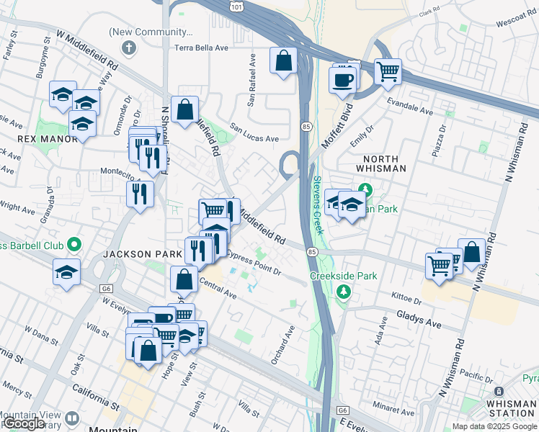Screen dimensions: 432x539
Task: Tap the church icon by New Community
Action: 129,48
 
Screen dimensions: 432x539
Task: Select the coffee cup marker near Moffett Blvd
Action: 342,78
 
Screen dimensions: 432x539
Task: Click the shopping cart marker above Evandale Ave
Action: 388,72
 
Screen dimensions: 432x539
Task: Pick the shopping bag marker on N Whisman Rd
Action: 471,253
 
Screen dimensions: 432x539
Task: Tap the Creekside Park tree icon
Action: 344,291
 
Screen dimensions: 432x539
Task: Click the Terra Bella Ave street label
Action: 201,48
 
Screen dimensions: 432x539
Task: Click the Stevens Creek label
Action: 316,205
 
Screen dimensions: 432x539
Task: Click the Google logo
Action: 23,423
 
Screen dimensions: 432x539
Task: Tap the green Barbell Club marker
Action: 73,243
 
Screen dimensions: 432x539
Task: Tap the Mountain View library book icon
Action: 72,418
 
